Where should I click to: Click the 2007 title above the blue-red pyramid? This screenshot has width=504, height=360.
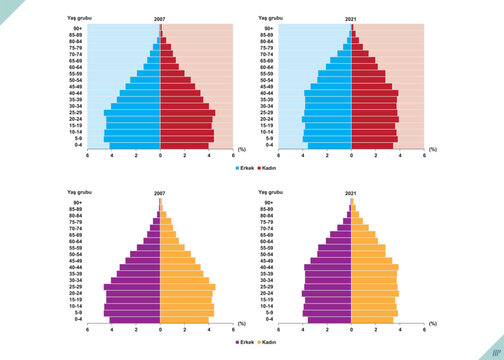click(x=160, y=20)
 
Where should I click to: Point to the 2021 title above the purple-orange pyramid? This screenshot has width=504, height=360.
click(x=352, y=194)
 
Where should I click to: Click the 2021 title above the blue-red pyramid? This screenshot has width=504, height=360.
click(x=352, y=20)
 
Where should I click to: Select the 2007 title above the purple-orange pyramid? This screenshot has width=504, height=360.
click(x=160, y=194)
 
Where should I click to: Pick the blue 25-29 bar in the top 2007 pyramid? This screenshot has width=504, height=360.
click(x=132, y=113)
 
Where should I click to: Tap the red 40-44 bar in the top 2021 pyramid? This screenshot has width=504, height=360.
click(x=374, y=93)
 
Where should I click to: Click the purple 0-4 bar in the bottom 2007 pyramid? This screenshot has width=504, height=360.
click(x=135, y=320)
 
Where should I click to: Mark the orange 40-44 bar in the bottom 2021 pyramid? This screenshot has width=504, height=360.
click(x=374, y=267)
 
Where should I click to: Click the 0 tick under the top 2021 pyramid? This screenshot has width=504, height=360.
click(x=352, y=156)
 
